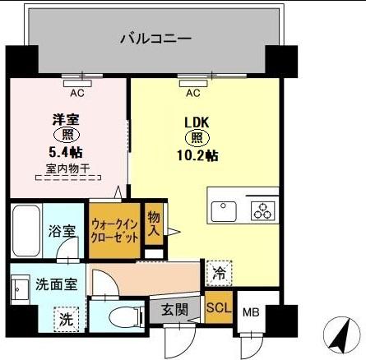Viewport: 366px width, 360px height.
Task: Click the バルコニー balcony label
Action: (155, 38)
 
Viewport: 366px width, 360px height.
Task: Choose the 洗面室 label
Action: (57, 284)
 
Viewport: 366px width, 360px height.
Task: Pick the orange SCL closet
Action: (218, 308)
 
